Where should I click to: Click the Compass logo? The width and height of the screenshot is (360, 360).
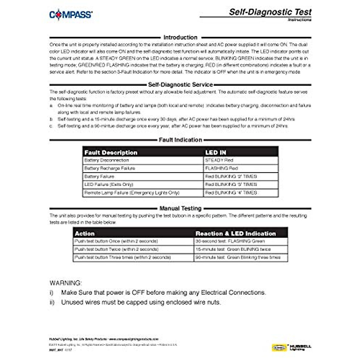(x=71, y=15)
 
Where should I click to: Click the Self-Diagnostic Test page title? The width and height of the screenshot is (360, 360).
(x=270, y=12)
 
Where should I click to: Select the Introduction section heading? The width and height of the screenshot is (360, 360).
(x=180, y=37)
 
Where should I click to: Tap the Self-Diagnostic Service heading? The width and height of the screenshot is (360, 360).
(x=180, y=85)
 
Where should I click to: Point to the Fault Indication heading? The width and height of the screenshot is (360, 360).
(x=180, y=140)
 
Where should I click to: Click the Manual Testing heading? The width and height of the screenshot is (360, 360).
(x=180, y=208)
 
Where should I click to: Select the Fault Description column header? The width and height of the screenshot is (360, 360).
(x=111, y=152)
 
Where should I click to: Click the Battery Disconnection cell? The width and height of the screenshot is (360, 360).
(x=106, y=160)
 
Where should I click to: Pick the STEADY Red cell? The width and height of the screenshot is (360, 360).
(x=219, y=160)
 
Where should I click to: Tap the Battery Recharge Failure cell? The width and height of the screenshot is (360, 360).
(x=109, y=168)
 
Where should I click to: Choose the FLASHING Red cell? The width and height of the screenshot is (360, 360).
(x=221, y=168)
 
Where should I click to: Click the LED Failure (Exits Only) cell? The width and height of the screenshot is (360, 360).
(x=109, y=184)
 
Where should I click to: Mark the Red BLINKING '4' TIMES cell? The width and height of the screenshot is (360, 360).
(x=231, y=193)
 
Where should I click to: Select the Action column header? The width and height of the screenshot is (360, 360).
(x=85, y=233)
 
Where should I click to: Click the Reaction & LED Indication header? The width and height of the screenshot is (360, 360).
(x=235, y=233)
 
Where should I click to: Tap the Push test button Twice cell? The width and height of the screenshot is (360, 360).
(x=116, y=249)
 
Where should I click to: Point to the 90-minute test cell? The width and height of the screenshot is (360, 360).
(x=238, y=257)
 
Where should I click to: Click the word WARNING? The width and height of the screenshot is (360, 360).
(x=65, y=283)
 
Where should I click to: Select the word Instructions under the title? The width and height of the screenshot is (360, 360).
(x=299, y=20)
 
